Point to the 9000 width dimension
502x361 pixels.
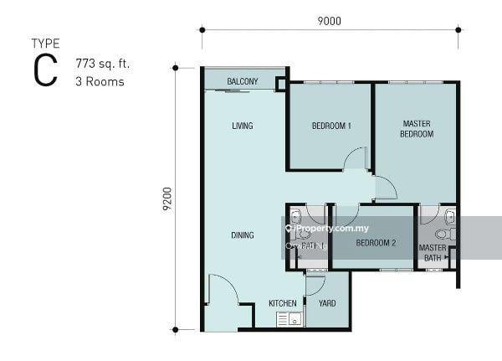(x=330, y=23)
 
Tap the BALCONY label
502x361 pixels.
(x=243, y=81)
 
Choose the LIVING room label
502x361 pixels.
(x=243, y=126)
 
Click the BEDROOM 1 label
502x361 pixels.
(x=330, y=126)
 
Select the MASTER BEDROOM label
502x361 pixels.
(x=416, y=129)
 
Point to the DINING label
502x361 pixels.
(x=243, y=235)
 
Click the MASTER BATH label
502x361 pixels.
(x=433, y=253)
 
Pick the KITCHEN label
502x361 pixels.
(x=282, y=302)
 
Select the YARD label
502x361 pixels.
(x=327, y=302)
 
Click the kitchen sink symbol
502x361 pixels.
(x=289, y=319)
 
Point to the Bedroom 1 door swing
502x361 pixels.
(x=356, y=159)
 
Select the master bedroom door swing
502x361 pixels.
(x=384, y=188)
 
